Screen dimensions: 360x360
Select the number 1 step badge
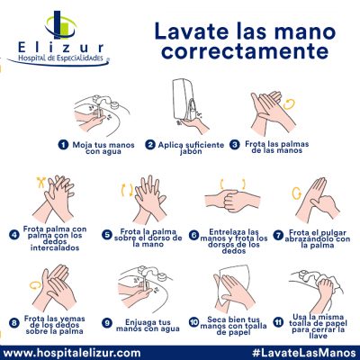pyautogui.click(x=64, y=143)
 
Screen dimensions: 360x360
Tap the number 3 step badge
pyautogui.click(x=235, y=143)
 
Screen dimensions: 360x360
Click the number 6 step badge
pyautogui.click(x=194, y=235)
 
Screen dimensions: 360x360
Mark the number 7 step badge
pyautogui.click(x=281, y=234)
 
